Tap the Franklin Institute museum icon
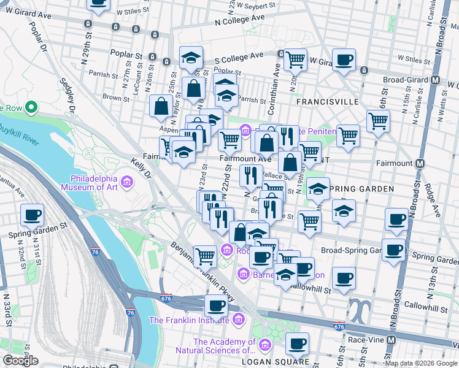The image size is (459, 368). (239, 320)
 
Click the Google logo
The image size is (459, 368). (20, 361)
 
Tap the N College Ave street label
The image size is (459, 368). (239, 20)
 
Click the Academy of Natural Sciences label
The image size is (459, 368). (224, 347)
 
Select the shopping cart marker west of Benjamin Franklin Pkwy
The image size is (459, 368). (205, 256)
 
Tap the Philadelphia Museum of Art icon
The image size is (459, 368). (127, 182)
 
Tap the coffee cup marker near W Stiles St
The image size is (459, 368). (344, 60)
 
